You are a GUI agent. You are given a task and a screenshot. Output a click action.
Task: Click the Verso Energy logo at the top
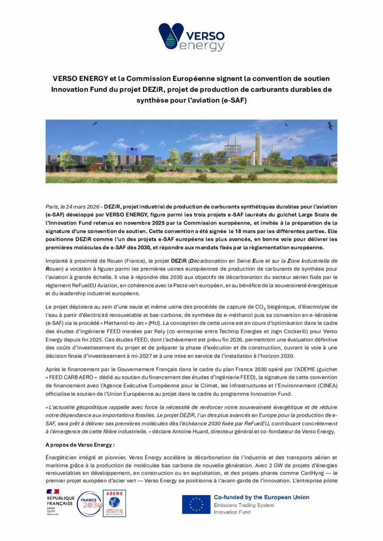coord(191,37)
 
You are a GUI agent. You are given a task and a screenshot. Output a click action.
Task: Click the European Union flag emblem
coord(196,505)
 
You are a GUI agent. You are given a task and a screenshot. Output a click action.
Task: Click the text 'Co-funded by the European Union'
coord(261,497)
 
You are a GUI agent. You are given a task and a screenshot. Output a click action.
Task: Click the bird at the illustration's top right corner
coord(330,126)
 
